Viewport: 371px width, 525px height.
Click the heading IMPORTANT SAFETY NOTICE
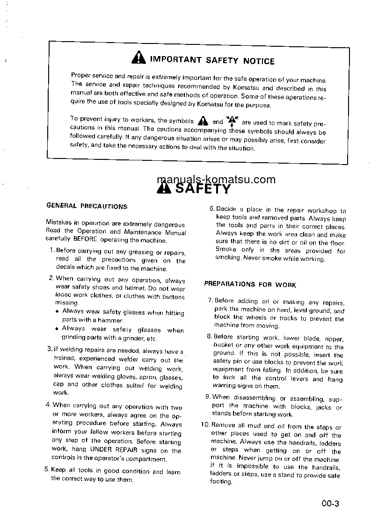pos(212,60)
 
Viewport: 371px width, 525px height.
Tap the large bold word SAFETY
pos(203,189)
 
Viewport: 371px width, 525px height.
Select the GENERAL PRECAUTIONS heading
pos(87,206)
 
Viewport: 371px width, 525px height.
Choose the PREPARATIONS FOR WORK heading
pos(250,284)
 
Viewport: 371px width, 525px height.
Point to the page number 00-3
pos(329,503)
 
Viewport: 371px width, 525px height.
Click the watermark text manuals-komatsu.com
pos(216,180)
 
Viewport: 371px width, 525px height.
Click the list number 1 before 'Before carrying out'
pos(51,251)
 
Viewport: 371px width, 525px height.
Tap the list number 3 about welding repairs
pos(50,349)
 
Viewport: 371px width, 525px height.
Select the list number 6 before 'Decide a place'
pos(211,209)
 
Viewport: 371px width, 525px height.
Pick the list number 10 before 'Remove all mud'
pos(204,425)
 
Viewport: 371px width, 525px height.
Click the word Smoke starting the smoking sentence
pos(226,249)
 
